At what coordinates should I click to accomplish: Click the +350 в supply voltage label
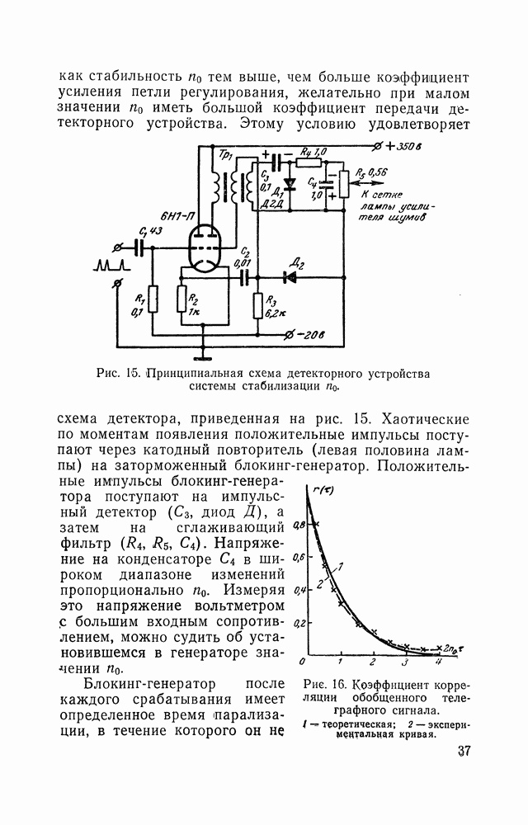(403, 147)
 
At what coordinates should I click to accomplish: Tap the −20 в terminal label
(310, 335)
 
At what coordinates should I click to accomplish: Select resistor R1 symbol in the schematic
(153, 299)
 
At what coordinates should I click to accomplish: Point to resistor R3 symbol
(257, 306)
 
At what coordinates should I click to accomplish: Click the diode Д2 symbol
(290, 276)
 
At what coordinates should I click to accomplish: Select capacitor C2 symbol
(244, 276)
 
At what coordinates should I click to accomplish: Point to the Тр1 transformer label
(226, 154)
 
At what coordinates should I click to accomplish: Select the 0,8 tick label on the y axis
(299, 524)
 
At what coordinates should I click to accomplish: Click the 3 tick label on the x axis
(405, 662)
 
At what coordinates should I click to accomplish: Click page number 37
(464, 751)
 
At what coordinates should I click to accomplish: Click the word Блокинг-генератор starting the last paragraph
(150, 684)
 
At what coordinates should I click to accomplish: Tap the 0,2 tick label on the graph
(299, 623)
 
